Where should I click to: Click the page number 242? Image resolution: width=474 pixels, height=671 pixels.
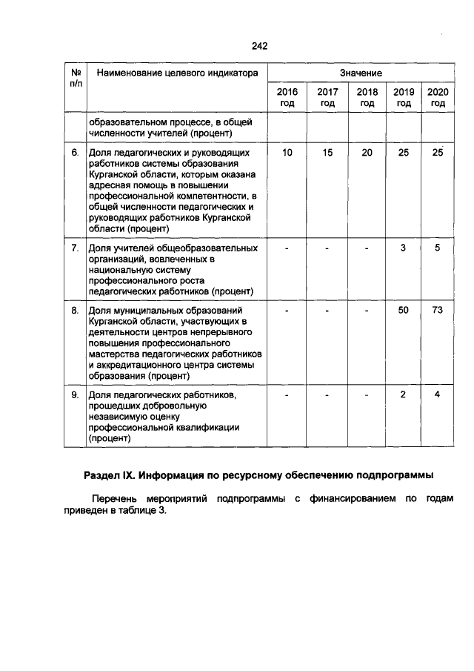click(x=259, y=46)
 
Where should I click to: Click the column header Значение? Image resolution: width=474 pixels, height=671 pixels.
click(x=361, y=73)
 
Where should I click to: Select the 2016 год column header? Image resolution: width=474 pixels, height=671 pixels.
click(x=287, y=97)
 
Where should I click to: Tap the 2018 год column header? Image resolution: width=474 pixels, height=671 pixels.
click(x=367, y=97)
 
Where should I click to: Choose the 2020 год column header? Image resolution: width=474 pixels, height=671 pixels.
click(x=438, y=97)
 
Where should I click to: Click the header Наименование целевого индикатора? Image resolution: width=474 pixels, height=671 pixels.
click(x=172, y=73)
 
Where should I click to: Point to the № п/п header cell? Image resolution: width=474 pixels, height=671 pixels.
click(x=75, y=79)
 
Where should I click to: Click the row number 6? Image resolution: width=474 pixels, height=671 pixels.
click(x=75, y=152)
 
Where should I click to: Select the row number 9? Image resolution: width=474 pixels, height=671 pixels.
click(x=75, y=394)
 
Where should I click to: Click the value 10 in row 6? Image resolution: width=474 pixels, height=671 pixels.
click(x=287, y=152)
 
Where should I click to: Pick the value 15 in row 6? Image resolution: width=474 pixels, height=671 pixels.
click(x=327, y=152)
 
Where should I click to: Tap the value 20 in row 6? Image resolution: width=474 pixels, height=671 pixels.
click(x=367, y=152)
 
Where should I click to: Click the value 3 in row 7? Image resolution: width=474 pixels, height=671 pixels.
click(x=403, y=248)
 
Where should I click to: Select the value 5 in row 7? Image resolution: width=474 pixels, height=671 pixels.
click(x=438, y=248)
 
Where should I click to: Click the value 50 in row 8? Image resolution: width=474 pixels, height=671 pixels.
click(x=403, y=310)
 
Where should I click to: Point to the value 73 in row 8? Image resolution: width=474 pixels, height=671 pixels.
click(x=438, y=310)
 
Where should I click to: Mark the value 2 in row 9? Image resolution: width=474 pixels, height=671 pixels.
click(x=403, y=394)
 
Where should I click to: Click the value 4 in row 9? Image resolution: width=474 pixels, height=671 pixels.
click(x=438, y=394)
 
